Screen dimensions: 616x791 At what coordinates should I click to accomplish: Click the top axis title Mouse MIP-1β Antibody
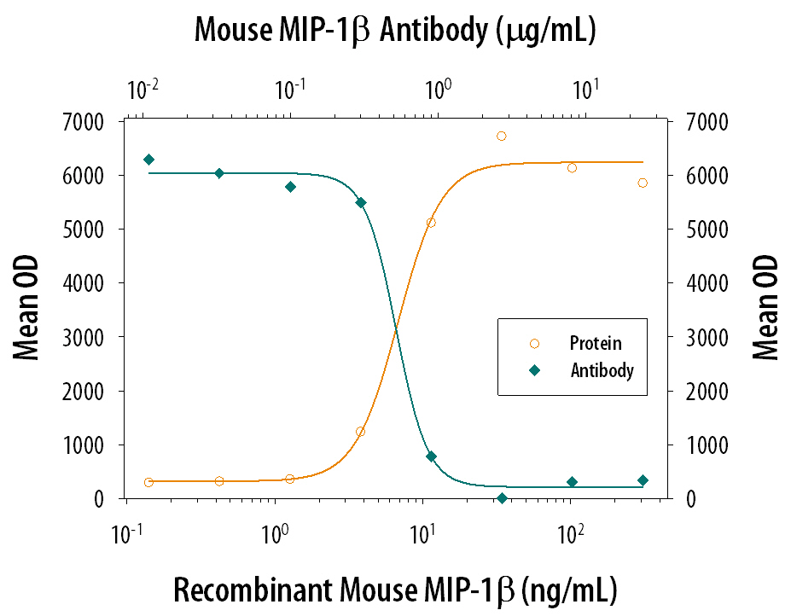(x=394, y=31)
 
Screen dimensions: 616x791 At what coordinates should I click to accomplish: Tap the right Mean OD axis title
(x=765, y=307)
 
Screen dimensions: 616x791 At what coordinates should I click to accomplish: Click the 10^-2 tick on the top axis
(x=142, y=89)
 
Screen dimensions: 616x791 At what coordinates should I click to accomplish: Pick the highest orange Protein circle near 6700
(x=502, y=136)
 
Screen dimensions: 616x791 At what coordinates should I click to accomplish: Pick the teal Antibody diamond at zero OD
(x=502, y=498)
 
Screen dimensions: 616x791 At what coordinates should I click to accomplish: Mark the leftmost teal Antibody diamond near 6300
(x=148, y=160)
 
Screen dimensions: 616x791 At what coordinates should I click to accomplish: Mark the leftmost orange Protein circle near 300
(x=148, y=482)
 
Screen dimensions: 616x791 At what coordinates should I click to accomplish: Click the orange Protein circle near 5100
(x=431, y=223)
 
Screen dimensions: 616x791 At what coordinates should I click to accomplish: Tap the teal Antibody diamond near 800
(x=431, y=456)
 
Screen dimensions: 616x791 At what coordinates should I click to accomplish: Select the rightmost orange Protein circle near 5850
(x=643, y=183)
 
